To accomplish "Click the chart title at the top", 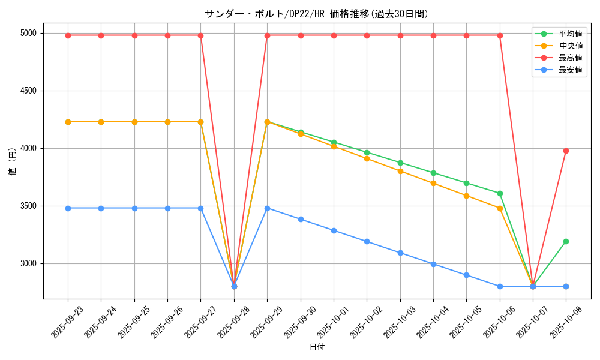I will [x=316, y=14].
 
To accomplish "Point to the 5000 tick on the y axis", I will [x=28, y=33].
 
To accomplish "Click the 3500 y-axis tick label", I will [x=28, y=206].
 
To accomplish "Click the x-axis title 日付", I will [x=317, y=347].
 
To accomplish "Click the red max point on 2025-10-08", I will [x=566, y=151].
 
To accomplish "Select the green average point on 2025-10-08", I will [x=566, y=241].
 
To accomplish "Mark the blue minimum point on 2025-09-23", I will [x=68, y=208].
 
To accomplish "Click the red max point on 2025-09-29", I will [x=267, y=35].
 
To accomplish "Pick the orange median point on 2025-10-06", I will [x=500, y=208].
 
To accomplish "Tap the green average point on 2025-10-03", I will [x=400, y=163].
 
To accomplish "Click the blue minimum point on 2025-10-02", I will [x=367, y=242].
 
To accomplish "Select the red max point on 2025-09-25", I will [x=134, y=35].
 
